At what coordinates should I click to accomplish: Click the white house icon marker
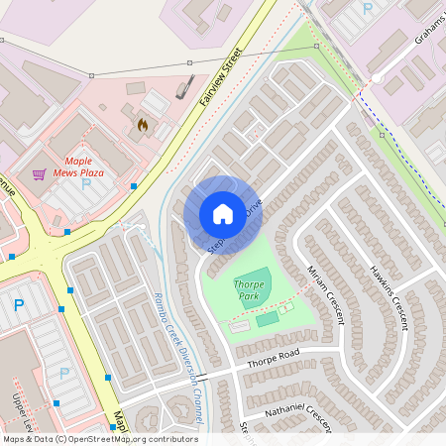coord(222,214)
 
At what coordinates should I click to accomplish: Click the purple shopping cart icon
coord(39,174)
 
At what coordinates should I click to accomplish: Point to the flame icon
coord(142,126)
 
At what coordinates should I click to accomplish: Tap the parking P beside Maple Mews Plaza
coord(85,184)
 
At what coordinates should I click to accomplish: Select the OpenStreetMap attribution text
coord(99,438)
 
